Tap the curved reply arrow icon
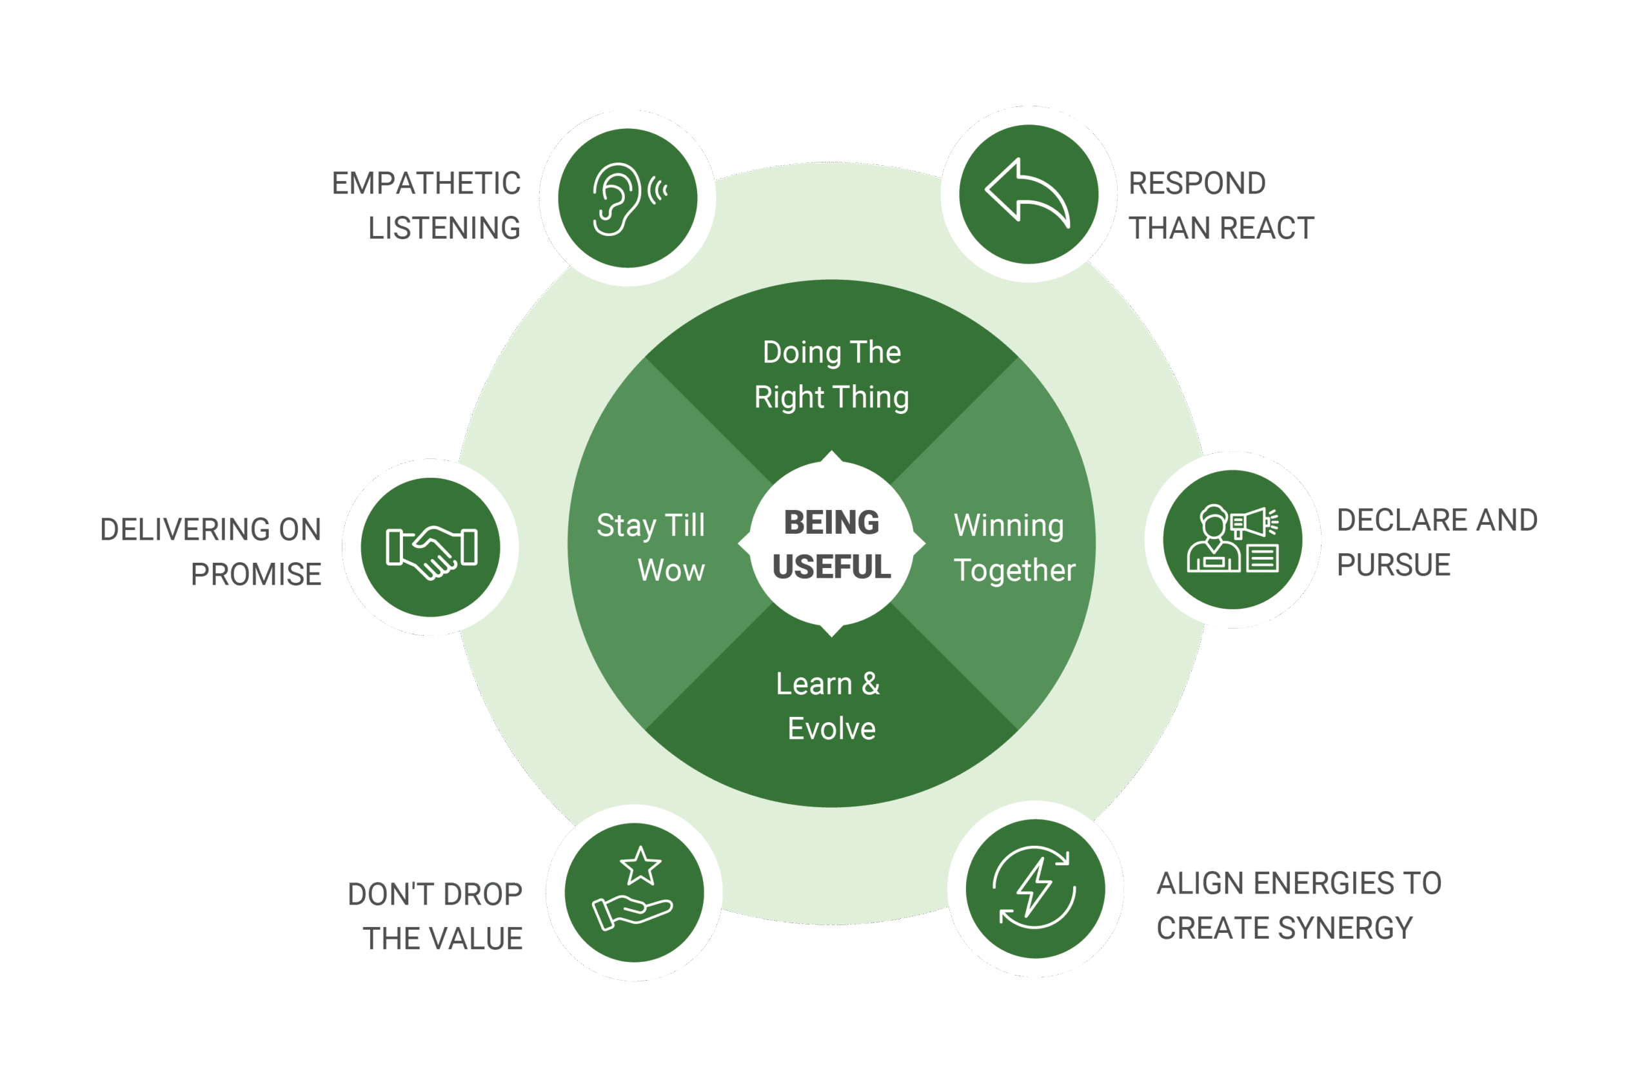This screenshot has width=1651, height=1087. coord(1027,192)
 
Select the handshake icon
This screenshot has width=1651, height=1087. coord(431,551)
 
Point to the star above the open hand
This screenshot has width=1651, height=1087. coord(640,866)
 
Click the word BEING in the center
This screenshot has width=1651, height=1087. coord(831,522)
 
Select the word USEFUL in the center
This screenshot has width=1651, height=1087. coord(831,567)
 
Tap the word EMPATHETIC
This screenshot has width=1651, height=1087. coord(426,184)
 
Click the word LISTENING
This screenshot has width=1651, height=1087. coord(444,228)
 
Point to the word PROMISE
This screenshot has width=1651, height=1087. coord(256,574)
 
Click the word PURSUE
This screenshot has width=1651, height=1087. coord(1393,565)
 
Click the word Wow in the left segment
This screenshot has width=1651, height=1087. coord(671,570)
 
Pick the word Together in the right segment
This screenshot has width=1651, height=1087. coord(1014,570)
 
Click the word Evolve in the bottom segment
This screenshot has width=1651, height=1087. coord(831,729)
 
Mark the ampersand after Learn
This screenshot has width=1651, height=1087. coord(871,684)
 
